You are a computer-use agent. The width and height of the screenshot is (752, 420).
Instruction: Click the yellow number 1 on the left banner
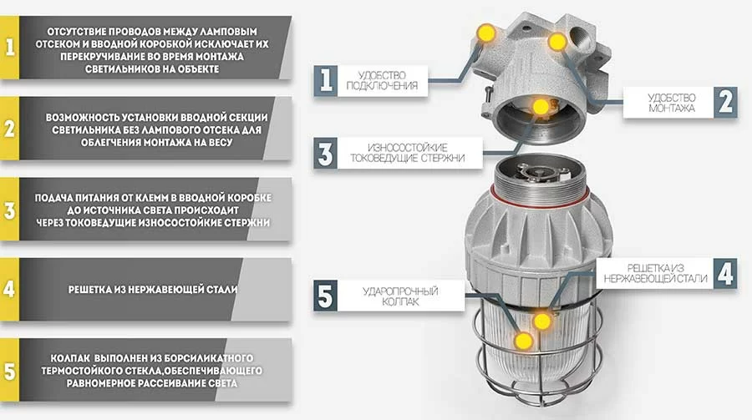(x=9, y=47)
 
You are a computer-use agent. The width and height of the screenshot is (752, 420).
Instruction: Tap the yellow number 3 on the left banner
(x=9, y=210)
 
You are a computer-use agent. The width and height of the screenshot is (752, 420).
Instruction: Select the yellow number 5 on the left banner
(x=9, y=372)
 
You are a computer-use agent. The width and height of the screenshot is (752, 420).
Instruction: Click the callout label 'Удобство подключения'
(x=382, y=80)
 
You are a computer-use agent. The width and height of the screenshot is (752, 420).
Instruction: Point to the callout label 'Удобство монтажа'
(x=672, y=103)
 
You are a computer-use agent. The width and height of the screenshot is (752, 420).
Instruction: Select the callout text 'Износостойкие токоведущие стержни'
(x=407, y=153)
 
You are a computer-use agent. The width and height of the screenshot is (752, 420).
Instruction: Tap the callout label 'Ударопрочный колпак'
(x=400, y=296)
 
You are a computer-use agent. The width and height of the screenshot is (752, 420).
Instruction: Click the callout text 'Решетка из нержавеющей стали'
(x=655, y=273)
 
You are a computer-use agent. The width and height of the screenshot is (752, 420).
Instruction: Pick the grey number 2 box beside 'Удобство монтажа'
(x=725, y=102)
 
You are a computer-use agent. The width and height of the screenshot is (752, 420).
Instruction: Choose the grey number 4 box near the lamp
(x=725, y=274)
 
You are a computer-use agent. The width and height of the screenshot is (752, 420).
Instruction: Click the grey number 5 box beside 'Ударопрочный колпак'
(x=325, y=296)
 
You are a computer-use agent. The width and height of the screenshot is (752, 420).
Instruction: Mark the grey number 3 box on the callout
(x=325, y=153)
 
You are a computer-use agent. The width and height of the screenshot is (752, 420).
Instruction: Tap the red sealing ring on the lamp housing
(x=540, y=198)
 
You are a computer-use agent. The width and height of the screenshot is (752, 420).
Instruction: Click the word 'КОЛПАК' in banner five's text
(x=69, y=358)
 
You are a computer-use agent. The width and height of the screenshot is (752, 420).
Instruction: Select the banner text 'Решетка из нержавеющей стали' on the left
(x=153, y=289)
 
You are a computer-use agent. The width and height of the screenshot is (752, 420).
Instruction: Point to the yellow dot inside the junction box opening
(x=541, y=106)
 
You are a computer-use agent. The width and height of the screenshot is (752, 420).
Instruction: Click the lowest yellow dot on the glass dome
(x=523, y=341)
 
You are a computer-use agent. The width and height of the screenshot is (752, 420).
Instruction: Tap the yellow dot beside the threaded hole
(x=556, y=43)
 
